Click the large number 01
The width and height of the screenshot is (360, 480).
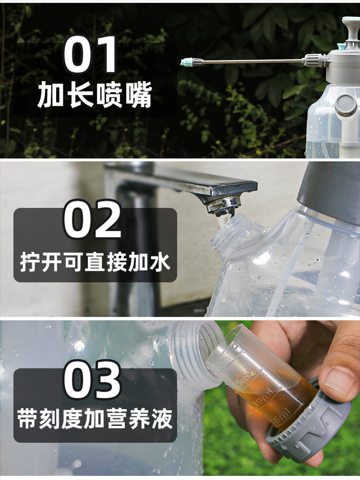[x=90, y=55]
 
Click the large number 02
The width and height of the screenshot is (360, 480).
[x=93, y=219]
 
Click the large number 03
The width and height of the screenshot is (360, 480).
[x=92, y=380]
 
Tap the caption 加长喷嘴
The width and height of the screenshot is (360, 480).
[x=95, y=94]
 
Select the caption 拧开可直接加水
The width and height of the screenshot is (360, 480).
[x=95, y=262]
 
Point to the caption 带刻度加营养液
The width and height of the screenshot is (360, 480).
[x=95, y=418]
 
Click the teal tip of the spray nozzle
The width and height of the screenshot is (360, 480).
[x=185, y=63]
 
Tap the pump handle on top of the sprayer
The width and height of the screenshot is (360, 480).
[x=350, y=27]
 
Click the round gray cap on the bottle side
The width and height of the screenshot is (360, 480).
[x=345, y=105]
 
